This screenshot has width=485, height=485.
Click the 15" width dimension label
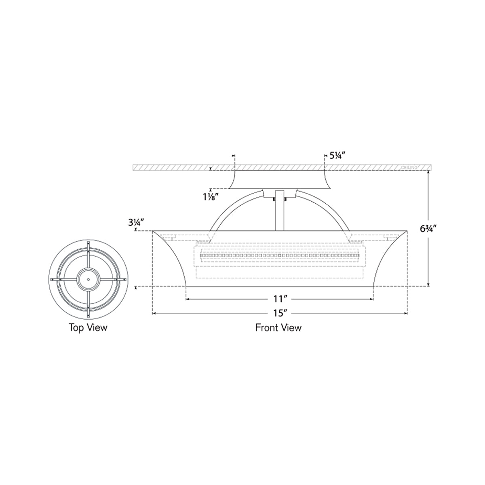[279, 312]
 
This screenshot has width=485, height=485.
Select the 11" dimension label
[279, 299]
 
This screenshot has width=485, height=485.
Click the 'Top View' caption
[88, 327]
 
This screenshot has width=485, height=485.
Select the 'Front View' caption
[278, 327]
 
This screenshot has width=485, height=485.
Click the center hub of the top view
[88, 279]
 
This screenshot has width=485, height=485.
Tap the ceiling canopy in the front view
[279, 179]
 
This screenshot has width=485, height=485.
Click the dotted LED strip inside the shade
[279, 255]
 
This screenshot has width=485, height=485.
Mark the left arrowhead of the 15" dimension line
[154, 312]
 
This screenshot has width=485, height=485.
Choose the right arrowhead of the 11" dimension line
[372, 299]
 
